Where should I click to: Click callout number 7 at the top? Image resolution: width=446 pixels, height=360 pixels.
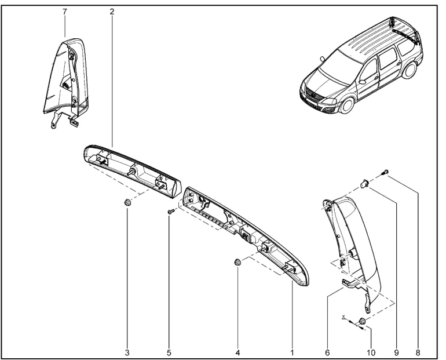65,12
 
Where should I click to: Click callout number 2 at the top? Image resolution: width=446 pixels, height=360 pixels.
112,12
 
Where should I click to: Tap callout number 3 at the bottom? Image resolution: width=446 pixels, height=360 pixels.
127,353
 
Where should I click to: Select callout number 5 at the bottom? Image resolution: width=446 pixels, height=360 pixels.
169,353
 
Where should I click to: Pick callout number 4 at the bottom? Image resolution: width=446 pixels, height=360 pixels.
238,353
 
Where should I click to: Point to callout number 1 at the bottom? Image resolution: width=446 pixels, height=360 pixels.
292,353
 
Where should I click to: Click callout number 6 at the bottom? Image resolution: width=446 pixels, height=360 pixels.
327,353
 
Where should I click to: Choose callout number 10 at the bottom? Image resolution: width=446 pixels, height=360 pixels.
371,353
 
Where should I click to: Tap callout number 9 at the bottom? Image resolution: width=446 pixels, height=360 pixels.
397,353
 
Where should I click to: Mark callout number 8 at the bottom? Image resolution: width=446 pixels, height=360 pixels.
418,353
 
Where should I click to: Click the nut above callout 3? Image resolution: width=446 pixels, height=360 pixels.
127,203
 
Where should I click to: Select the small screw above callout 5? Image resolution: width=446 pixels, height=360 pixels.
171,212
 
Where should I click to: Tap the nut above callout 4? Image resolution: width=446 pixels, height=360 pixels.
237,262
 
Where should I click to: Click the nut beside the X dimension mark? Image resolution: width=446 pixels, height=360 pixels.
363,321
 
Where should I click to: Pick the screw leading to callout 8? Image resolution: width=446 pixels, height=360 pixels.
385,172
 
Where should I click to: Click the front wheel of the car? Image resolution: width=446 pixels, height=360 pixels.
347,104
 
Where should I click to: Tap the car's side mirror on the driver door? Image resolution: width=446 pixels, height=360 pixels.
362,82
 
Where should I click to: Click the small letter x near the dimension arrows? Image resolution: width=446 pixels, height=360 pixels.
343,317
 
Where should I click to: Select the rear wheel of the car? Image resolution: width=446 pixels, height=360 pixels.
409,70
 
